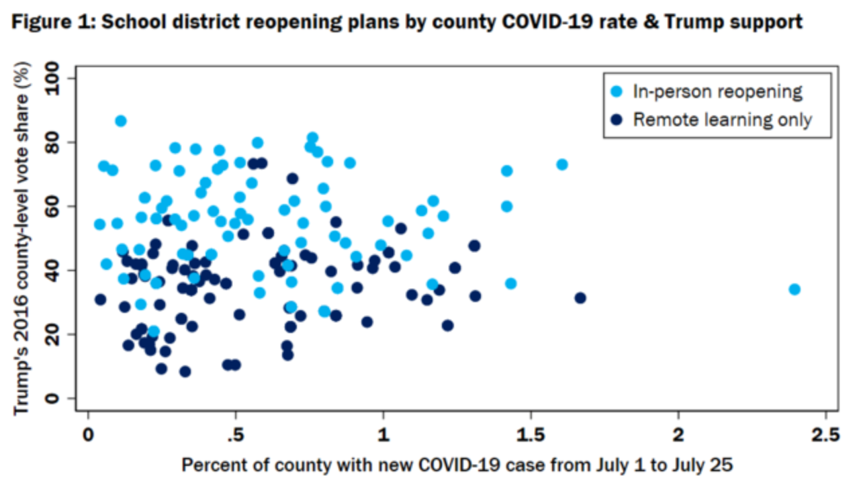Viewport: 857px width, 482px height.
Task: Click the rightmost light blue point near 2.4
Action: tap(795, 289)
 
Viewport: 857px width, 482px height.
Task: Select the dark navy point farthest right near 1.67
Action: tap(580, 298)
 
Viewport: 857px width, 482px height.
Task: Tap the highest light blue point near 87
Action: tap(121, 121)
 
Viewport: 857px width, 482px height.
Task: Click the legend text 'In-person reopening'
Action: tap(718, 91)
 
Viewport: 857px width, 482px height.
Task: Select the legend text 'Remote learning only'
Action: tap(723, 119)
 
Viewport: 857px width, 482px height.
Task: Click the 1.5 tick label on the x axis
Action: tap(531, 434)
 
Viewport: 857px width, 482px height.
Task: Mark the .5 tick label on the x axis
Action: tap(234, 434)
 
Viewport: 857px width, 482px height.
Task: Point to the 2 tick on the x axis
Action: tap(678, 434)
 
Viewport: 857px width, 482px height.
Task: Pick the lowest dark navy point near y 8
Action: tap(185, 371)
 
